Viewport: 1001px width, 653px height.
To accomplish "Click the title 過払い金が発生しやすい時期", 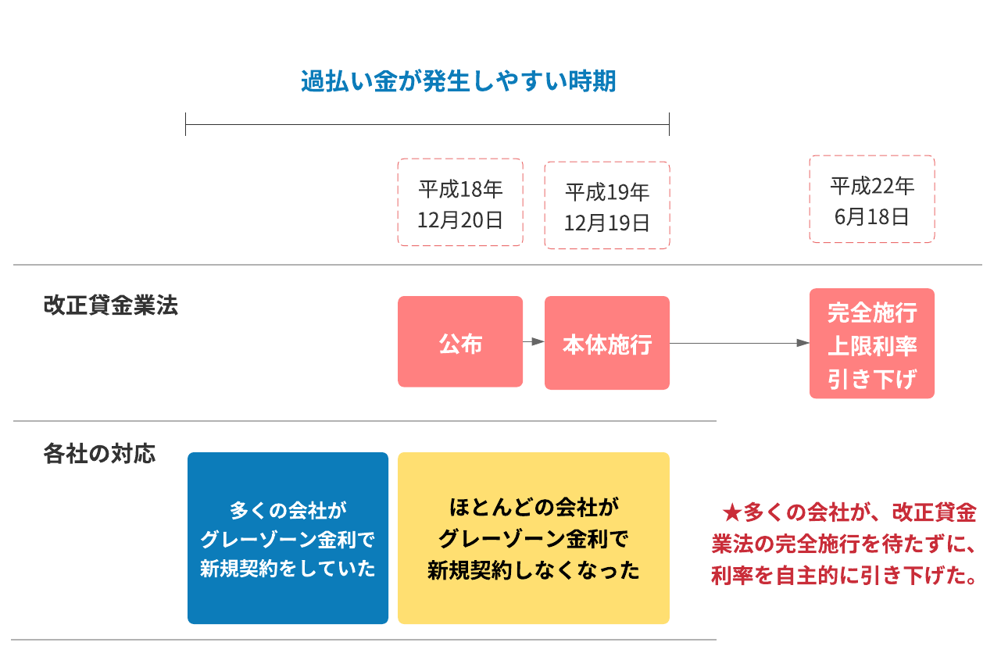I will tap(459, 81).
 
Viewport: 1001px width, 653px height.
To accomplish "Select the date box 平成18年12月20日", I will tap(460, 203).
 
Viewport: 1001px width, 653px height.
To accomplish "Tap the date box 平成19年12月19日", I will tap(607, 206).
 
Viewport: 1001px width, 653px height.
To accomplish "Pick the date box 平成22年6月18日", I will tap(872, 200).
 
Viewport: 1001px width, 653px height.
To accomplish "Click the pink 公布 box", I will tap(460, 342).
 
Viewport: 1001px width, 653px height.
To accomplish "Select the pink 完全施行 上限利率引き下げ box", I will tap(872, 344).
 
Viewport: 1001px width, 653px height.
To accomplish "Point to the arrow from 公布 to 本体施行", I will tap(534, 341).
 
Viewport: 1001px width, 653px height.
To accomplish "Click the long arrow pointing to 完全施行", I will tap(738, 343).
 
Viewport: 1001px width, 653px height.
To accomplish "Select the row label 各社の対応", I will tap(99, 455).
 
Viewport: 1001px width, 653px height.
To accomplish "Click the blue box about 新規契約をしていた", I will tap(288, 538).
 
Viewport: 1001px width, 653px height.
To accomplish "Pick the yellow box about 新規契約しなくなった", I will tap(534, 538).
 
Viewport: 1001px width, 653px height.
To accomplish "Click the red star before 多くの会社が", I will tap(731, 513).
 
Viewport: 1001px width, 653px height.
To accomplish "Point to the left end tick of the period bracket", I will tap(186, 124).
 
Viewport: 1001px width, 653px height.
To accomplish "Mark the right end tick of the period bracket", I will tap(670, 124).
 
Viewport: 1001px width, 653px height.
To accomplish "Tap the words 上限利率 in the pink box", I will tap(872, 345).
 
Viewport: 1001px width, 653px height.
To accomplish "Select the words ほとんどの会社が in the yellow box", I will tap(534, 508).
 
